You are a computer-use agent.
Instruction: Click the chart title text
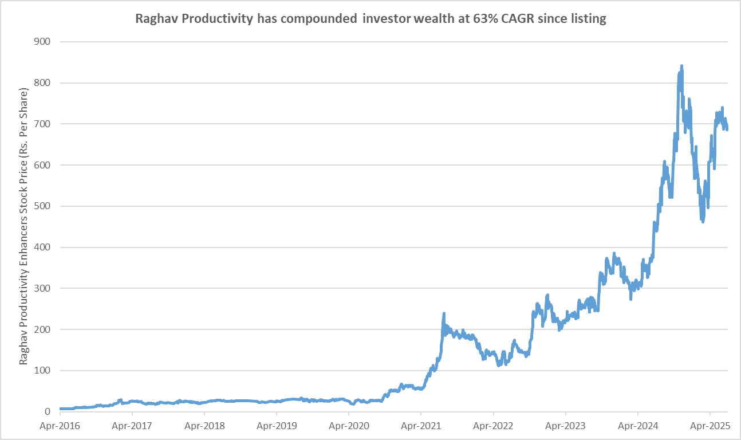[x=370, y=18]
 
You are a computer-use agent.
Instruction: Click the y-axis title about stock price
[x=23, y=226]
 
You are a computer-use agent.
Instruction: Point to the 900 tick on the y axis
[x=43, y=42]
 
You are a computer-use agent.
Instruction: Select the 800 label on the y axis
[x=43, y=83]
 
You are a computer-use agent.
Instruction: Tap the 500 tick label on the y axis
[x=43, y=206]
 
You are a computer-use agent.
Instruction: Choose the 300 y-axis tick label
[x=43, y=288]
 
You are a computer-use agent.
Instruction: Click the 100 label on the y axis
[x=43, y=371]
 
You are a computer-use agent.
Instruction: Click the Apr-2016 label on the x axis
[x=60, y=427]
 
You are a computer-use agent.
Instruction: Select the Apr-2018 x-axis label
[x=204, y=427]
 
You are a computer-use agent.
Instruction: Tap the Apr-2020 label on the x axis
[x=349, y=427]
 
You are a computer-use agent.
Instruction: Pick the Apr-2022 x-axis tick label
[x=493, y=427]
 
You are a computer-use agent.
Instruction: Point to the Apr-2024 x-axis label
[x=638, y=427]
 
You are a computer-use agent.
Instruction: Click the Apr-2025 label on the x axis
[x=710, y=427]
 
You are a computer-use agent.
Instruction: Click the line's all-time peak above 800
[x=681, y=66]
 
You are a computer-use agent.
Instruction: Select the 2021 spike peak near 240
[x=444, y=313]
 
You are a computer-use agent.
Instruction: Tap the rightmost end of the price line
[x=727, y=129]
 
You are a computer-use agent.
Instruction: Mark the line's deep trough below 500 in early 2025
[x=703, y=221]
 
